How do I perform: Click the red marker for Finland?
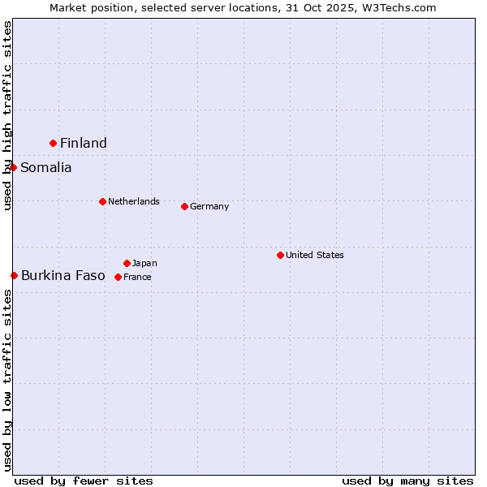pos(54,143)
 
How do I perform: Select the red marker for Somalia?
pos(14,168)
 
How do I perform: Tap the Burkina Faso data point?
pos(15,276)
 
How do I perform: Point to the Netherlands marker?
pos(102,201)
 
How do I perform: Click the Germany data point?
pos(184,206)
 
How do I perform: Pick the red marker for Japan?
pos(127,263)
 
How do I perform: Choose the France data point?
pos(118,277)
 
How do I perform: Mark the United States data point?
pos(280,255)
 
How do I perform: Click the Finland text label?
pos(84,144)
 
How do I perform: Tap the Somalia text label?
pos(46,168)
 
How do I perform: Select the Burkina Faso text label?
pos(63,276)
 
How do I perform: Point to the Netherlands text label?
pos(134,201)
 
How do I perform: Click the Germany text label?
pos(209,206)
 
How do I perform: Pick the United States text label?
pos(315,255)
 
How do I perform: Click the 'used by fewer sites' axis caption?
pos(84,481)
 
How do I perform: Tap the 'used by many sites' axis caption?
pos(407,481)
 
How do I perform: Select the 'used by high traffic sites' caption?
pos(8,115)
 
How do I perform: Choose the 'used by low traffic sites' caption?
pos(8,380)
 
